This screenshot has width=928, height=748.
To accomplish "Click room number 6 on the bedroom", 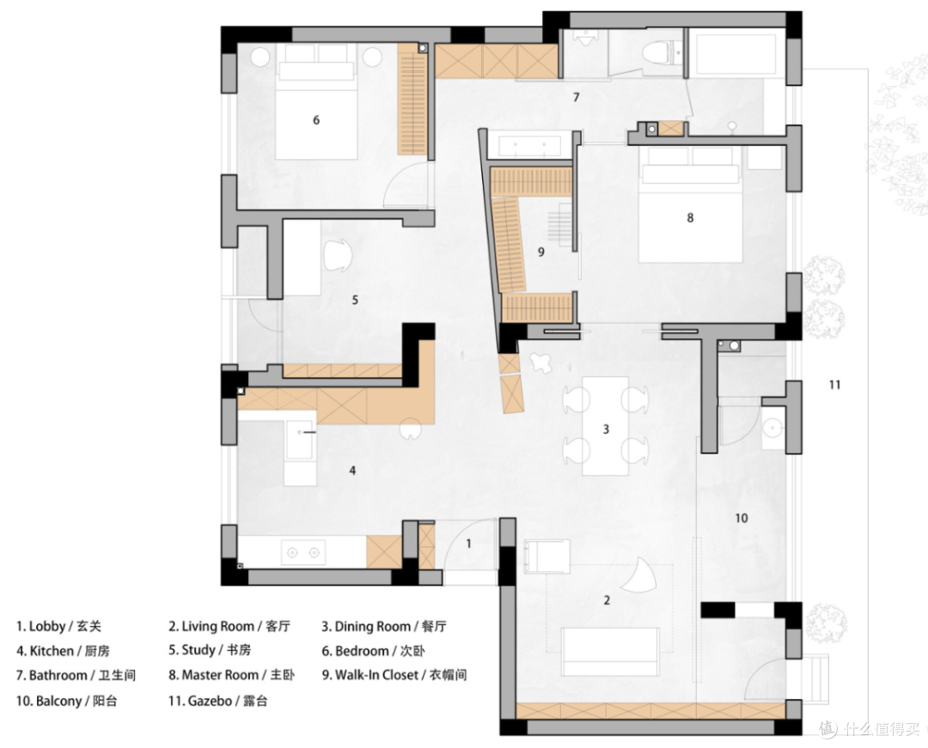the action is (316, 120).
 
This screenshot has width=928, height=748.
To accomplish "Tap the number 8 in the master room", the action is (690, 217).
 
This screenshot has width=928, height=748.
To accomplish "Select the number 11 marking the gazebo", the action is (834, 385).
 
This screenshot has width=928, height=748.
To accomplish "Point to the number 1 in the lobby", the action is (469, 544).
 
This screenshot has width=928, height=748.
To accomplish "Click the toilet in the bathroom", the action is (658, 52).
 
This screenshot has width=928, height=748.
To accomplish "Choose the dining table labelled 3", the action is (606, 426).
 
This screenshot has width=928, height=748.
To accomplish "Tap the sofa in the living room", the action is (610, 652).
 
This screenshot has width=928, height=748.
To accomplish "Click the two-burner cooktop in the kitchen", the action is (303, 552).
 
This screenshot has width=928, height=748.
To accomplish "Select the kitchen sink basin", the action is (300, 440).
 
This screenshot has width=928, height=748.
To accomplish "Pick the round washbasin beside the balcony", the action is (772, 428).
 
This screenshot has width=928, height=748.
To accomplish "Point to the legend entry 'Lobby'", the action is (46, 626).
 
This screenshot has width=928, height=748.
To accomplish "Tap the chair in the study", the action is (338, 255).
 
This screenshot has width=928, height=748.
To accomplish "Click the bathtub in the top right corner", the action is (735, 54).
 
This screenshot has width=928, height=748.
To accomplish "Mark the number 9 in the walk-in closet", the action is (541, 252).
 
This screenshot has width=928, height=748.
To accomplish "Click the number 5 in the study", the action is (355, 300).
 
